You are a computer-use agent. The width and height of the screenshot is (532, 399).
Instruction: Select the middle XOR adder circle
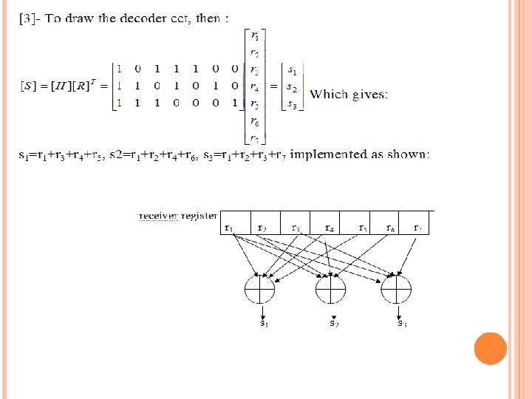click(x=330, y=288)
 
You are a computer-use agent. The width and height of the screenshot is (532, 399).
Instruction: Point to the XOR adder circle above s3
click(x=396, y=288)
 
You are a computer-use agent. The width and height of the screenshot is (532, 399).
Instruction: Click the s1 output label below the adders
click(x=263, y=323)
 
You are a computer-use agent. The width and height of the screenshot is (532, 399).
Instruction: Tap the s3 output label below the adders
click(x=401, y=323)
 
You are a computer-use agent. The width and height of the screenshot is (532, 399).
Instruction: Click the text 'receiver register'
click(x=177, y=216)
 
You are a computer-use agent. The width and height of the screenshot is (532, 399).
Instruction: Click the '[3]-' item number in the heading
click(x=28, y=18)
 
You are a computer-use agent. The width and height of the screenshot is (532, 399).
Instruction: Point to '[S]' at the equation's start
click(x=27, y=86)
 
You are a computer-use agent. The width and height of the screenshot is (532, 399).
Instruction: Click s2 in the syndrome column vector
click(x=293, y=87)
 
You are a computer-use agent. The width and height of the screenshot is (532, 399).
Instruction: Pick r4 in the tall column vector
click(x=254, y=87)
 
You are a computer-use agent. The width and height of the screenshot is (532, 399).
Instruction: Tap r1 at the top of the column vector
click(x=254, y=35)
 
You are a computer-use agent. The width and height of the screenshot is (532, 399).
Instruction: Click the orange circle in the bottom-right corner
click(x=490, y=348)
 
